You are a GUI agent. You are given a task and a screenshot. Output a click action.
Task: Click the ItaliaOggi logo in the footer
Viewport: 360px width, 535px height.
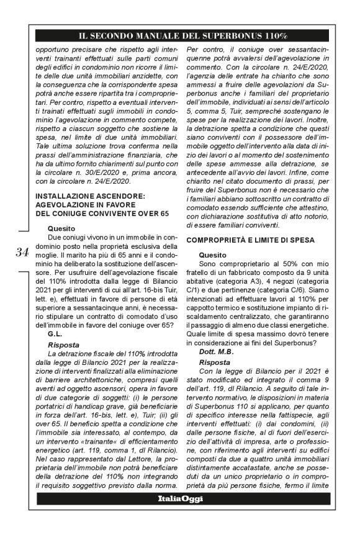179,498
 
